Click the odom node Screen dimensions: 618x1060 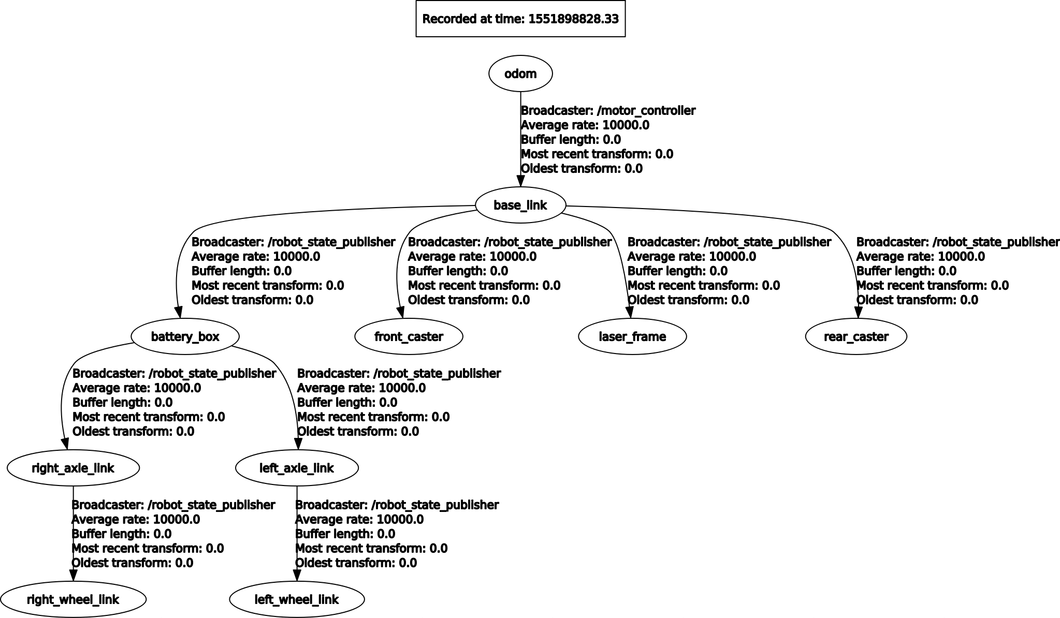(520, 74)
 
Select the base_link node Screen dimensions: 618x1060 (520, 205)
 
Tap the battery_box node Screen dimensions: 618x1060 (185, 337)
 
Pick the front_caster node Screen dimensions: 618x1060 (409, 337)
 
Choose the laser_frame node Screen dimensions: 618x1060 (632, 337)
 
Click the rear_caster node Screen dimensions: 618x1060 (856, 337)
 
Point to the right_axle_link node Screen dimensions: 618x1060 (73, 468)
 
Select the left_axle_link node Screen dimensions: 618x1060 (297, 468)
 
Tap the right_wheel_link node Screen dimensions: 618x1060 (73, 600)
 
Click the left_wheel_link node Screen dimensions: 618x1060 (297, 600)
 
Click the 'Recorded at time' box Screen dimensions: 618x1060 (520, 19)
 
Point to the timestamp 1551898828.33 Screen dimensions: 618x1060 (573, 19)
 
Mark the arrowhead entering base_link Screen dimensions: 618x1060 (520, 181)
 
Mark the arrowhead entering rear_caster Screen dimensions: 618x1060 (858, 312)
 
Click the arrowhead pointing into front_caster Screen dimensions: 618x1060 (400, 312)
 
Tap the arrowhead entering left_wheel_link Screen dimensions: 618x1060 (297, 575)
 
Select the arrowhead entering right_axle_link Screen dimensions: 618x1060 (65, 444)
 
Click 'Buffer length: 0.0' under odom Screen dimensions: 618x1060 (571, 140)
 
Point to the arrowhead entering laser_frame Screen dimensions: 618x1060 (629, 312)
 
